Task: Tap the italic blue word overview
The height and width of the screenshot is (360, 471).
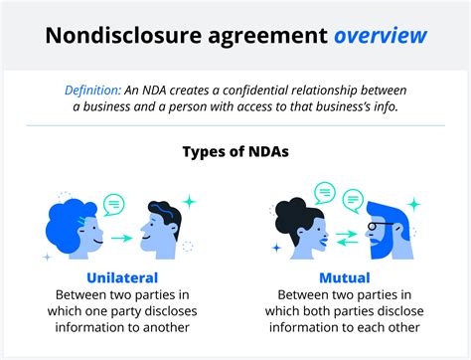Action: tap(382, 37)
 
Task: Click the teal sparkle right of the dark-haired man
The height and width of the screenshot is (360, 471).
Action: tap(189, 202)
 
